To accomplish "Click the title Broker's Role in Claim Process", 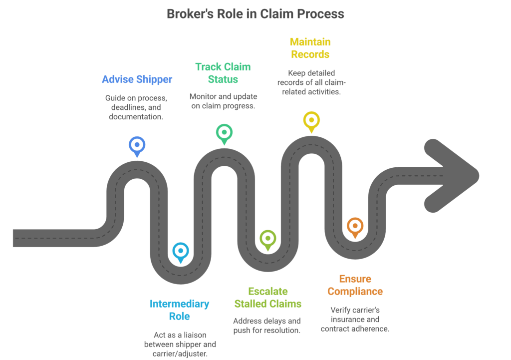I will [255, 13].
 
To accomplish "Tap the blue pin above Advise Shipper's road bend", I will [137, 146].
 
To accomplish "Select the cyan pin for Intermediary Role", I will [180, 251].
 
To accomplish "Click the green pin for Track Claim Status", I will [224, 133].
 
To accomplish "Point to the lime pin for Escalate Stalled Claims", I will [267, 239].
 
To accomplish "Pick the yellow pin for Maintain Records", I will [311, 121].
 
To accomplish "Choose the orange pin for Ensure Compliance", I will [355, 227].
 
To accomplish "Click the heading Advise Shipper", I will [137, 79].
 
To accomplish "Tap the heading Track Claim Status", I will [223, 73].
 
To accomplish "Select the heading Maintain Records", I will [310, 48].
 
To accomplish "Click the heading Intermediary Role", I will [180, 310].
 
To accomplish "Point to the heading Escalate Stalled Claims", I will [267, 297].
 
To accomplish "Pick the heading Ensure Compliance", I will [355, 285].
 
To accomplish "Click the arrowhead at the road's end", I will [452, 175].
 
